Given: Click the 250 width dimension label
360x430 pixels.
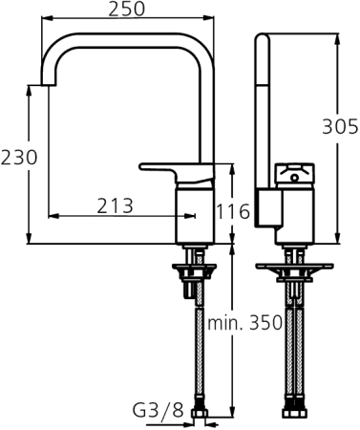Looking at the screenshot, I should pos(126,10).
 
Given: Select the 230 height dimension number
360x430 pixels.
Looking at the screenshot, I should pos(19,157).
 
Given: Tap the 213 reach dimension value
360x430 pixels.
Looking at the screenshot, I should pos(115,205).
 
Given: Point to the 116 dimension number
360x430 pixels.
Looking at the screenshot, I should pos(233,211).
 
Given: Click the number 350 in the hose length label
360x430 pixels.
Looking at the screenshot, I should pos(263,323).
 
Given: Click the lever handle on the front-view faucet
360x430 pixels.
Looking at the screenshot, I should pos(172,168).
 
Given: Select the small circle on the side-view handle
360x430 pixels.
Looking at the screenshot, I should pos(292,174).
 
